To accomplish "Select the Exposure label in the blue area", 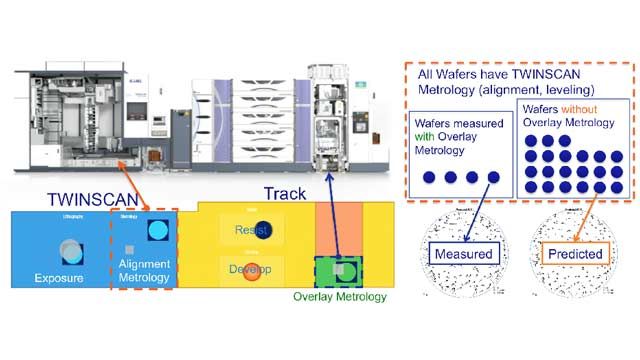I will [x=62, y=277].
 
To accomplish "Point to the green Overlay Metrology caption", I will [x=339, y=296].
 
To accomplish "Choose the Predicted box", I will [x=575, y=254].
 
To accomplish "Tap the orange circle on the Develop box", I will [x=252, y=271].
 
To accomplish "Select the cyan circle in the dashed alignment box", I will [x=157, y=231].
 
